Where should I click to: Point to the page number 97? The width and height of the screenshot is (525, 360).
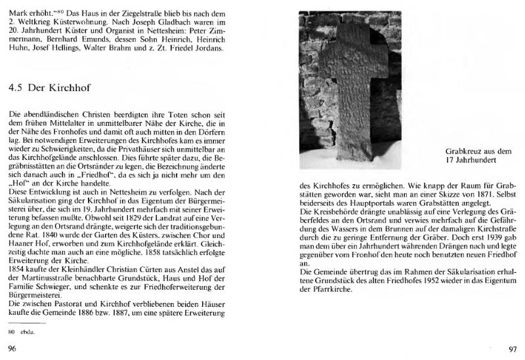(514, 348)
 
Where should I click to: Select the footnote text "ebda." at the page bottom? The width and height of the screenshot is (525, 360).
(28, 332)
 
